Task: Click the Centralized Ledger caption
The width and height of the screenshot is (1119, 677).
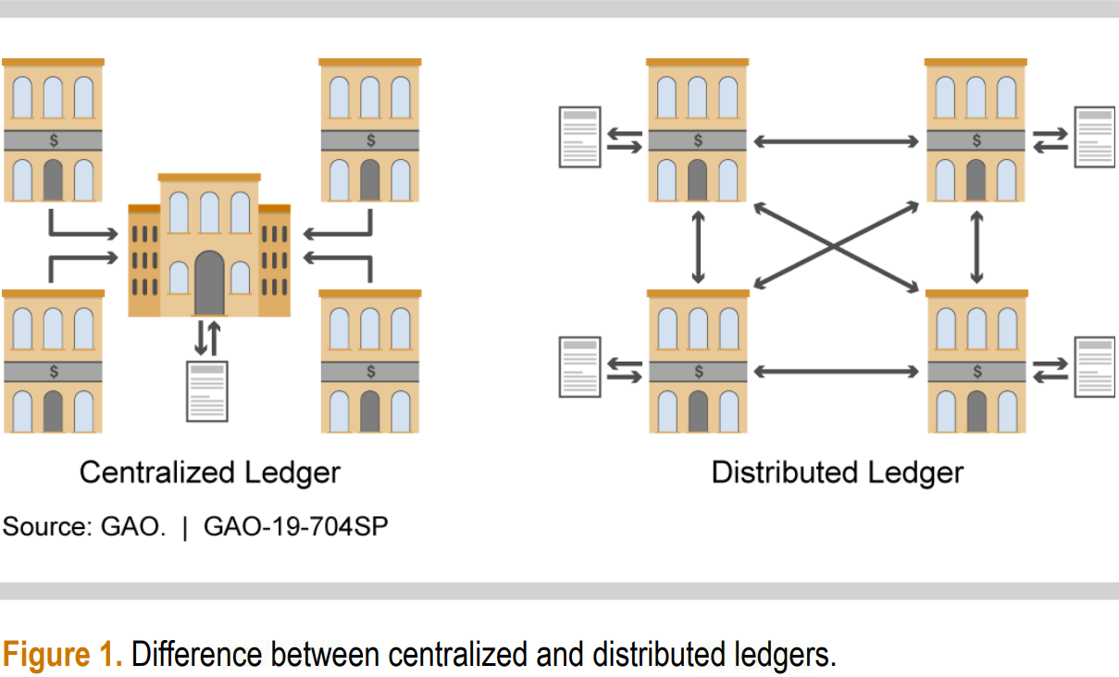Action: [209, 473]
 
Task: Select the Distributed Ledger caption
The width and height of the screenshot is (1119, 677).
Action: [837, 473]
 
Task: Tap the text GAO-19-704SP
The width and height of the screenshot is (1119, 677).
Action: [295, 527]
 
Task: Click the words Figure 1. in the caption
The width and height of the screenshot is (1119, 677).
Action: [62, 655]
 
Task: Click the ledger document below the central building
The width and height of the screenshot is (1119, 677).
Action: [207, 391]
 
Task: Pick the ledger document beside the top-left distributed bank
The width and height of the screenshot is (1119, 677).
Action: [580, 137]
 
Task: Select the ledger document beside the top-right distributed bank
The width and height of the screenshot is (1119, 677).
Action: [1094, 137]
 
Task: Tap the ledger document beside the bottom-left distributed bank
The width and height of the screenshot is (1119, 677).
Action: [580, 367]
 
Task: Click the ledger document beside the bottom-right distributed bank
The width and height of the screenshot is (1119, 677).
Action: [1094, 367]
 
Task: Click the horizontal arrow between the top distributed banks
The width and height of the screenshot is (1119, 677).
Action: [836, 142]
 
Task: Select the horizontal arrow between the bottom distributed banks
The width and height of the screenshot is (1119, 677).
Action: [836, 372]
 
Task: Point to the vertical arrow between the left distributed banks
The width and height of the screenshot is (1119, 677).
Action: [698, 247]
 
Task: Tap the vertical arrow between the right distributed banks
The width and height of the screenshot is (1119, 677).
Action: [976, 247]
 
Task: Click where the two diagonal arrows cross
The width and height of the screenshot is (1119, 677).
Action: [836, 246]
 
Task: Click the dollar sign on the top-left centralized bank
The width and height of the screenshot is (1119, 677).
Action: [54, 141]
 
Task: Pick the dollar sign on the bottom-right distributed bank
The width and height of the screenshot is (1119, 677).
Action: [976, 372]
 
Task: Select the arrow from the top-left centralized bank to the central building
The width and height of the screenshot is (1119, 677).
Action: [83, 229]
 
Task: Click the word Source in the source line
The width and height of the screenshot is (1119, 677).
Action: [42, 527]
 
